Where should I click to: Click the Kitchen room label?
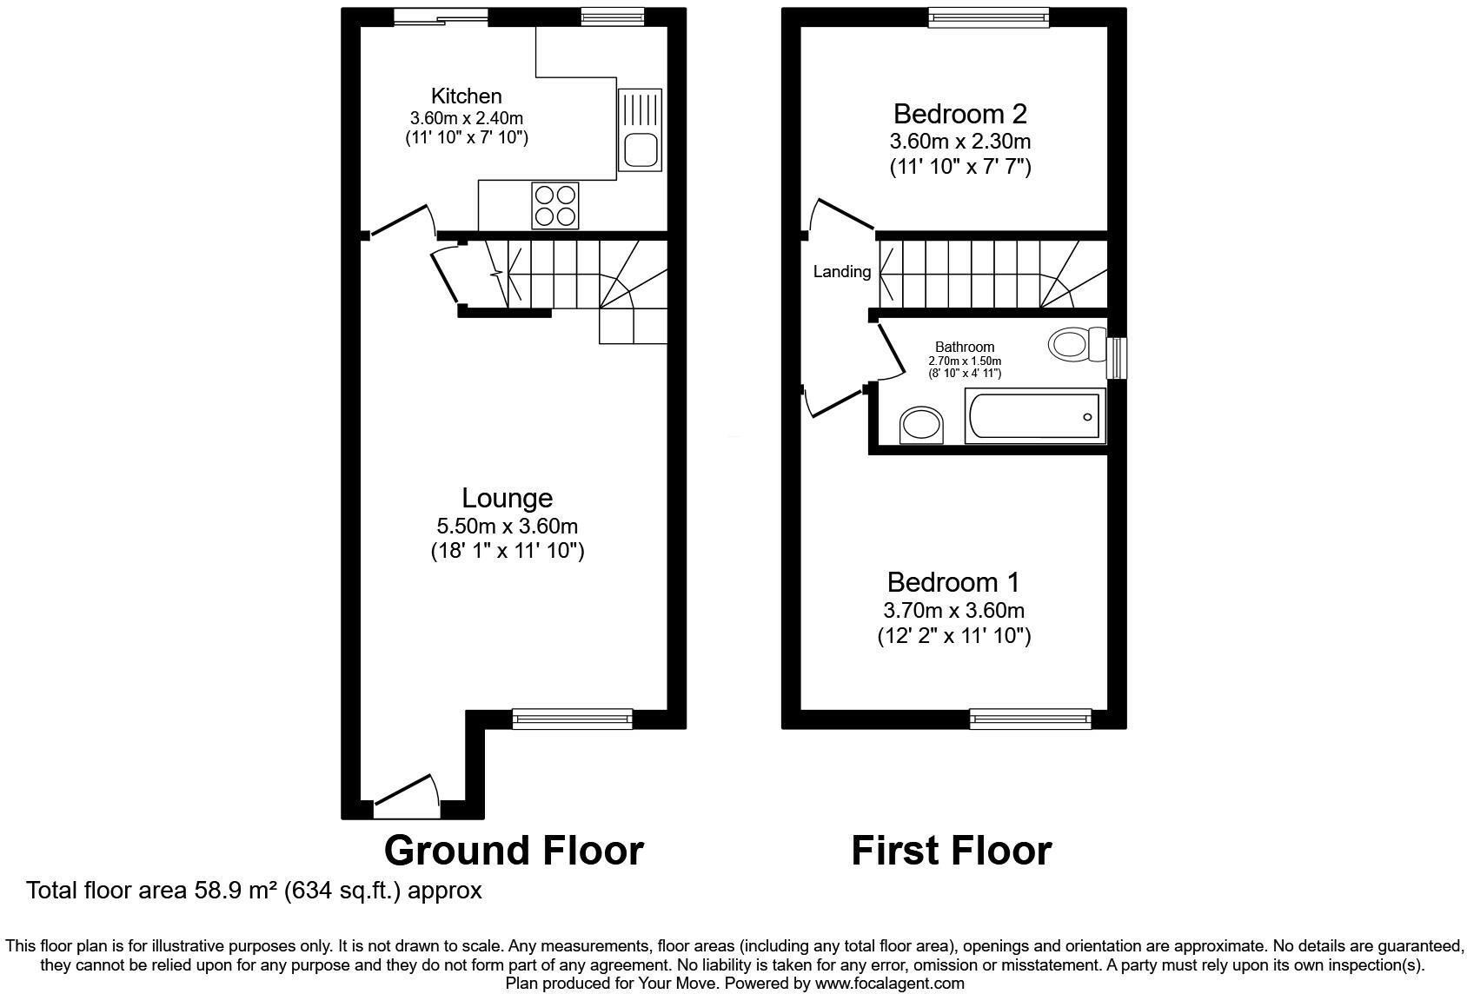pyautogui.click(x=466, y=96)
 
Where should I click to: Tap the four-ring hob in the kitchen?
pyautogui.click(x=554, y=206)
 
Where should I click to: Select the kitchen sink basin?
pyautogui.click(x=641, y=151)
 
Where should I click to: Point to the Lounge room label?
pyautogui.click(x=507, y=498)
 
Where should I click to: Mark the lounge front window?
pyautogui.click(x=572, y=718)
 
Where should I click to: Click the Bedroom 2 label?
pyautogui.click(x=959, y=114)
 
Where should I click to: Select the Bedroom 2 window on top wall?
pyautogui.click(x=988, y=17)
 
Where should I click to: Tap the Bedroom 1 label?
pyautogui.click(x=953, y=582)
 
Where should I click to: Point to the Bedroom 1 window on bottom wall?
pyautogui.click(x=1030, y=719)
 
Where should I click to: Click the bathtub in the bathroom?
pyautogui.click(x=1034, y=416)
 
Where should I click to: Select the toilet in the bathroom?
pyautogui.click(x=1074, y=344)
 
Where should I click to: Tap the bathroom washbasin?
pyautogui.click(x=921, y=425)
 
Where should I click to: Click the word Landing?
pyautogui.click(x=841, y=272)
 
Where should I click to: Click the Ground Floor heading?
pyautogui.click(x=514, y=851)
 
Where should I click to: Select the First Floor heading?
pyautogui.click(x=951, y=851)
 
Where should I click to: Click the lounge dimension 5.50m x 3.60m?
pyautogui.click(x=507, y=526)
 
